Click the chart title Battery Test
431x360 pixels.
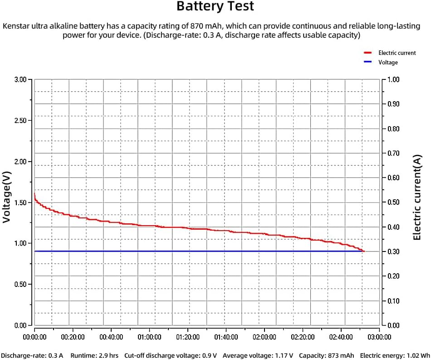click(x=215, y=7)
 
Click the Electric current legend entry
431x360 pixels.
click(x=397, y=53)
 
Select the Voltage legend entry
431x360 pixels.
click(x=388, y=63)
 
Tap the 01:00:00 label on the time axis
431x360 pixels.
click(x=149, y=337)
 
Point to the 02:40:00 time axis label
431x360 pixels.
click(x=341, y=337)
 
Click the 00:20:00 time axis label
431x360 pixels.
click(x=73, y=337)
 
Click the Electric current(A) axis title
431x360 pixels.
click(x=417, y=197)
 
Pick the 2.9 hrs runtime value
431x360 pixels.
click(x=109, y=355)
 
